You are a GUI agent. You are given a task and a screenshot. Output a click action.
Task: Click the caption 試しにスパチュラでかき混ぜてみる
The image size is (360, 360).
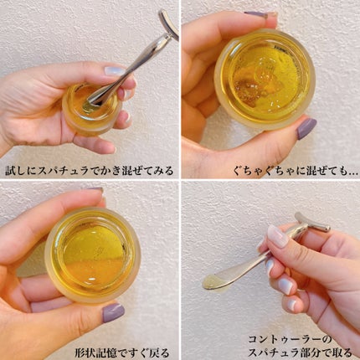pos(90,171)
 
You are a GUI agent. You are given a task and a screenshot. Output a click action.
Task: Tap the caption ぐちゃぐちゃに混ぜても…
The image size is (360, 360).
pos(296,171)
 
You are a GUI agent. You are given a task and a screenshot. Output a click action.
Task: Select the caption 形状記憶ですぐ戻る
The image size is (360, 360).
pos(122,352)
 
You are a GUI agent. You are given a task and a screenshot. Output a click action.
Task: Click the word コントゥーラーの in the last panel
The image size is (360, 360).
pos(290,339)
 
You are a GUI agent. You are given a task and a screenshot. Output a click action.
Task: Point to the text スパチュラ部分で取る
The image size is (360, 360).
pos(300,352)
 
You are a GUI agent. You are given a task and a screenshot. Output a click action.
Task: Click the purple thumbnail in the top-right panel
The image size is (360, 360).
pos(306,129)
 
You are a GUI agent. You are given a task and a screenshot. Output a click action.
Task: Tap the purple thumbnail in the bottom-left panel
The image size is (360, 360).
pos(113,312)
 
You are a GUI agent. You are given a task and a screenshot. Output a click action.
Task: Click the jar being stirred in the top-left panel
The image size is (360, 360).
pos(92,109)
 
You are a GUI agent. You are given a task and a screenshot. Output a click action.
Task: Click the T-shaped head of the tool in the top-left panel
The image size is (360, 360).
pos(168,24)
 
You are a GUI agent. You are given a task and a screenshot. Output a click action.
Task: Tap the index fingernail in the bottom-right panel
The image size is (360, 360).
pos(277,236)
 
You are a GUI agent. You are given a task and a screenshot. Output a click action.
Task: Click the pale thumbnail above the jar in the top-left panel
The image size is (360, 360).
pos(115,71)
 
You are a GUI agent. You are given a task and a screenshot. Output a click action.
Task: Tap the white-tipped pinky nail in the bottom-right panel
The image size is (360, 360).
pos(292,304)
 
